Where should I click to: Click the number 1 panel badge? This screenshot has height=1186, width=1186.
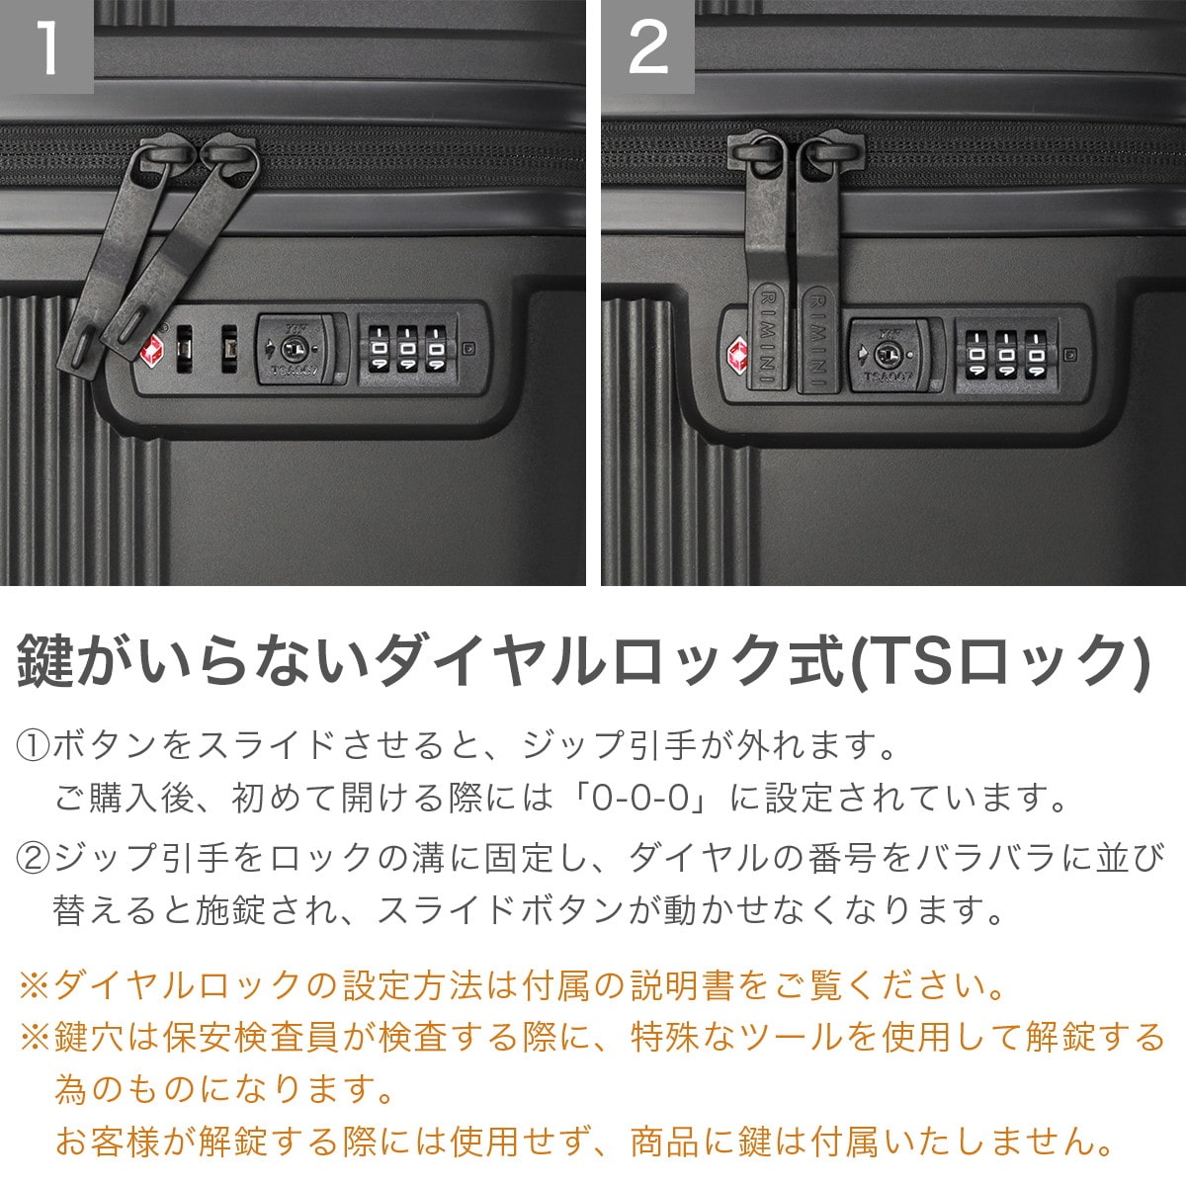[46, 46]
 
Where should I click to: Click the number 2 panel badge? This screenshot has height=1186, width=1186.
[647, 46]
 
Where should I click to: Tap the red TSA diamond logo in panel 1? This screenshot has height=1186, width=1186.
[152, 351]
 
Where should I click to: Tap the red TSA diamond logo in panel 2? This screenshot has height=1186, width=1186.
[736, 357]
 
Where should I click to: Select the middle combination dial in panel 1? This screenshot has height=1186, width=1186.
[407, 349]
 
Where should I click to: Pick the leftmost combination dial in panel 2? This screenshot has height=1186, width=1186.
[975, 355]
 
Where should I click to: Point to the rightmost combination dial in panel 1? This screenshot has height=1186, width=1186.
[437, 349]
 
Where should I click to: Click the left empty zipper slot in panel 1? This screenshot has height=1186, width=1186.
[184, 349]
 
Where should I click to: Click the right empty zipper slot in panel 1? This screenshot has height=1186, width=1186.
[229, 349]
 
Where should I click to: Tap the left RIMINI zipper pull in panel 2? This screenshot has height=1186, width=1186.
[767, 262]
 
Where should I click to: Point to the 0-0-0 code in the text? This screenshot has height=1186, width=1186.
[640, 798]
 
